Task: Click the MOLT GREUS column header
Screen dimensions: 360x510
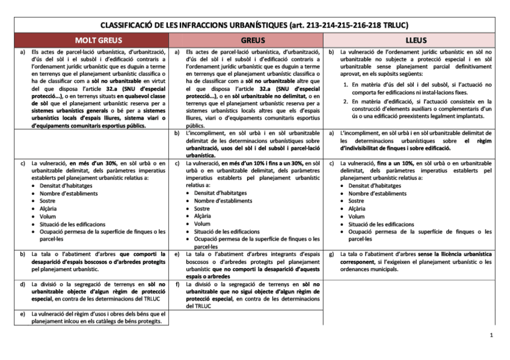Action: pos(92,40)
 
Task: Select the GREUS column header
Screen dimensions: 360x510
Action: pos(247,40)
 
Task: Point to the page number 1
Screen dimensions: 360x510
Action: pos(491,335)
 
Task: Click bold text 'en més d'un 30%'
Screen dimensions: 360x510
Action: pos(93,163)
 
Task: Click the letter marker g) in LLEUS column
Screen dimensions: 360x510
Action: pos(332,254)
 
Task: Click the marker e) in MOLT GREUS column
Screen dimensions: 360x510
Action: pos(22,314)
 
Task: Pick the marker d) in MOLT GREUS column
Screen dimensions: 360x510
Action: pos(22,284)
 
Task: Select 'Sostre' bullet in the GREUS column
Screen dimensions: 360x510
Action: pos(203,208)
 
